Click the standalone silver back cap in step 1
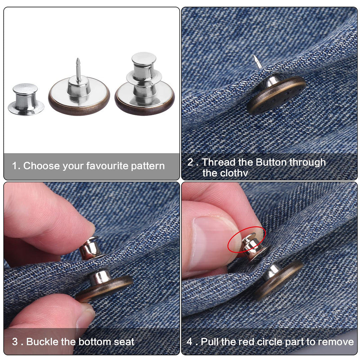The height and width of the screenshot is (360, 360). pyautogui.click(x=26, y=99)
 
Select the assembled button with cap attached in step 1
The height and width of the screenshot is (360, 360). pyautogui.click(x=145, y=84)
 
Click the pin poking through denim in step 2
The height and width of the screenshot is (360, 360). pyautogui.click(x=258, y=62)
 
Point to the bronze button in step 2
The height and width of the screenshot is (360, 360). pyautogui.click(x=276, y=95)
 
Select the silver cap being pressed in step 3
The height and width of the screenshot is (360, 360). pyautogui.click(x=90, y=248)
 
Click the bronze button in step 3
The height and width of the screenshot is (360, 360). pyautogui.click(x=104, y=286)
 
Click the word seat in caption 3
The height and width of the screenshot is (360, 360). pyautogui.click(x=124, y=342)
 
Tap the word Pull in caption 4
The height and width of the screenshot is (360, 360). pyautogui.click(x=209, y=342)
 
